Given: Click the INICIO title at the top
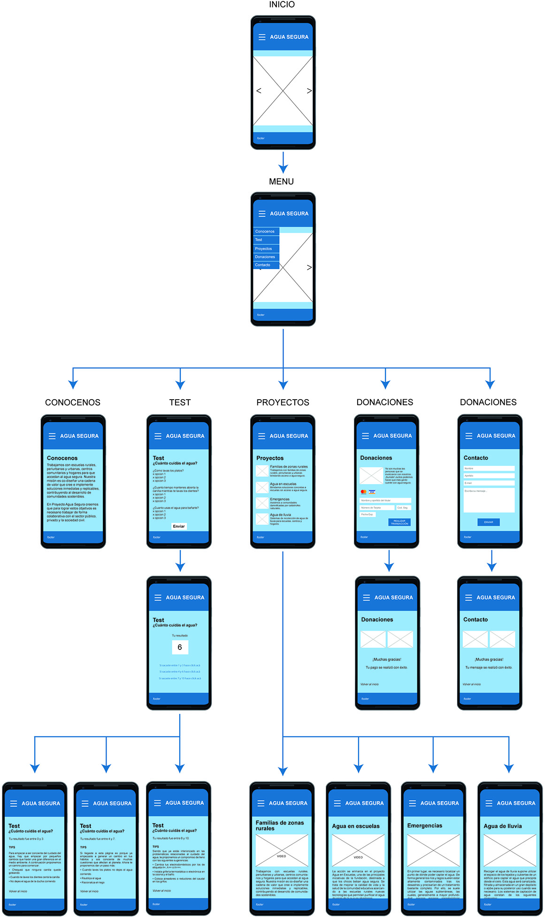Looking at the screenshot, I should [x=282, y=5].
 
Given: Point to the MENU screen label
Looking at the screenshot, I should [x=281, y=182].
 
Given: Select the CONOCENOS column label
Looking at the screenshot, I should [x=73, y=402].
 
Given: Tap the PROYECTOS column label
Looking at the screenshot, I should [x=283, y=402].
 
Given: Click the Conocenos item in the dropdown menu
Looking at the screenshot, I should [x=266, y=232].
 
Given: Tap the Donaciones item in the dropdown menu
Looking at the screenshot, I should [x=266, y=257].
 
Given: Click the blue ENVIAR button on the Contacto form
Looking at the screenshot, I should [x=489, y=522].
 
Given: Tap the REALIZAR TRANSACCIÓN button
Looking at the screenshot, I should [x=399, y=522].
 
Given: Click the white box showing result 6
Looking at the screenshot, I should [x=180, y=648].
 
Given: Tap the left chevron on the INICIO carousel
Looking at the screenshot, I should [x=259, y=91].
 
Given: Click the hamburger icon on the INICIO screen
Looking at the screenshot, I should [x=262, y=37].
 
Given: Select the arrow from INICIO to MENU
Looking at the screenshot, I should [x=283, y=162].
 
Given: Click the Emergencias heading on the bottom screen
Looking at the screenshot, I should [x=424, y=826].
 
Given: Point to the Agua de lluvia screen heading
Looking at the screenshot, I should [x=503, y=826].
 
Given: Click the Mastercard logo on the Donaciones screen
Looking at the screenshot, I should [x=363, y=492].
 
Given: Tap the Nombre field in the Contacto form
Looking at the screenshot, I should [x=489, y=468].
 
